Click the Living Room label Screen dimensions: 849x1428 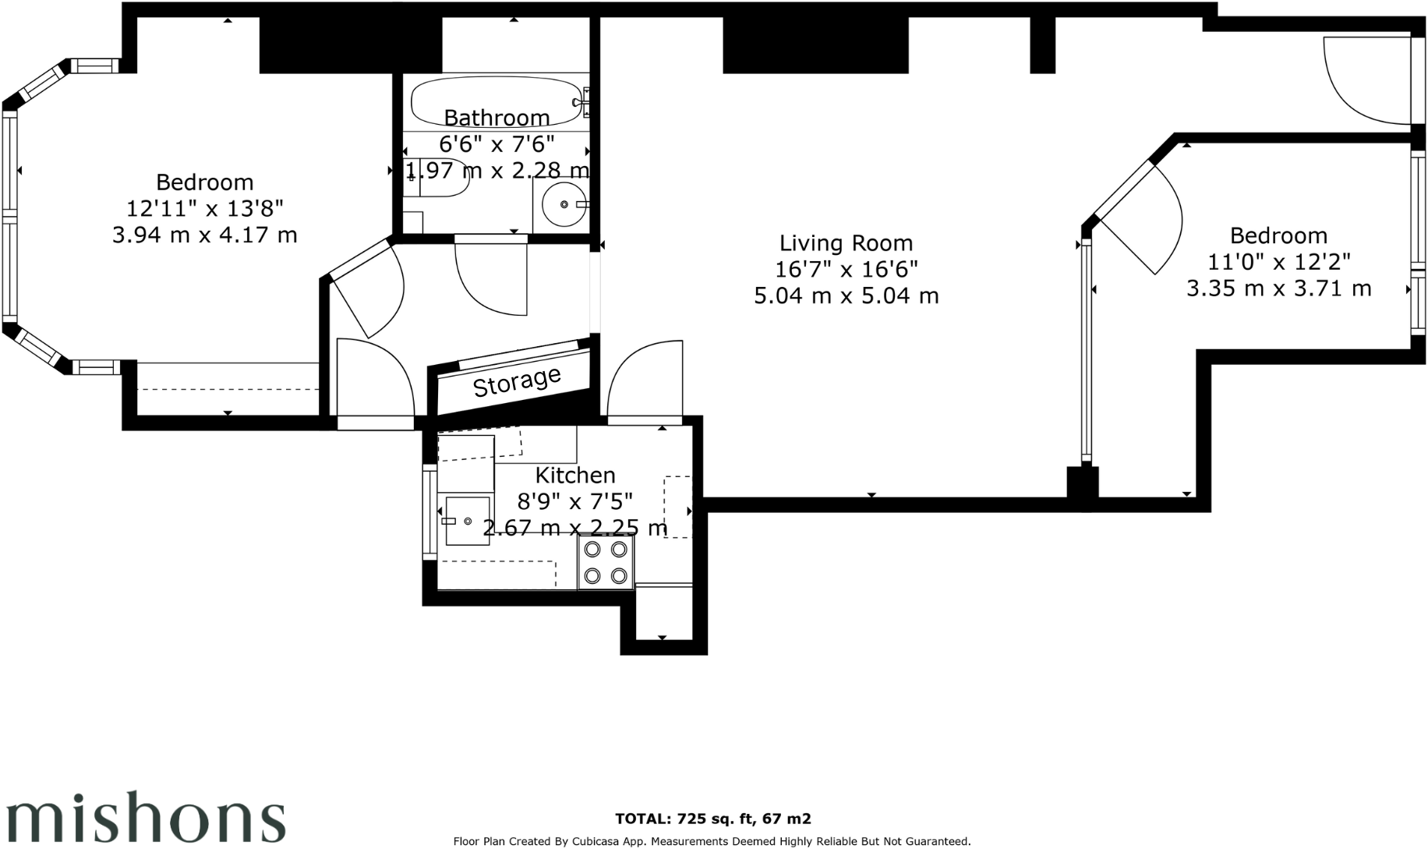[x=846, y=243]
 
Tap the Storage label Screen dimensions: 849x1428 [x=517, y=381]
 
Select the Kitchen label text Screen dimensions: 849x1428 [x=575, y=475]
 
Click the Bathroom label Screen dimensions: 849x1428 [x=497, y=118]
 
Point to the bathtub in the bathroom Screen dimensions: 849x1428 [x=496, y=100]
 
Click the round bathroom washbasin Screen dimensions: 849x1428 [x=564, y=204]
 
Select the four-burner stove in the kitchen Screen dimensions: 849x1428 [x=606, y=562]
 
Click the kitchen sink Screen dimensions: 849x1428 [x=467, y=521]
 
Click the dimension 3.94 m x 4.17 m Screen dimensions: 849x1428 [x=204, y=235]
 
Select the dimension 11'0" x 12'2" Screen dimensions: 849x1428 [x=1278, y=262]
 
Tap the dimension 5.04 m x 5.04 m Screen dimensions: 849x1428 [x=846, y=296]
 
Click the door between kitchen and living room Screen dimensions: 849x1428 [x=645, y=382]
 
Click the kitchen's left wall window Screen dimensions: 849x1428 [x=429, y=511]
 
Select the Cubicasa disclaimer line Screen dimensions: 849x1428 [x=712, y=841]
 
